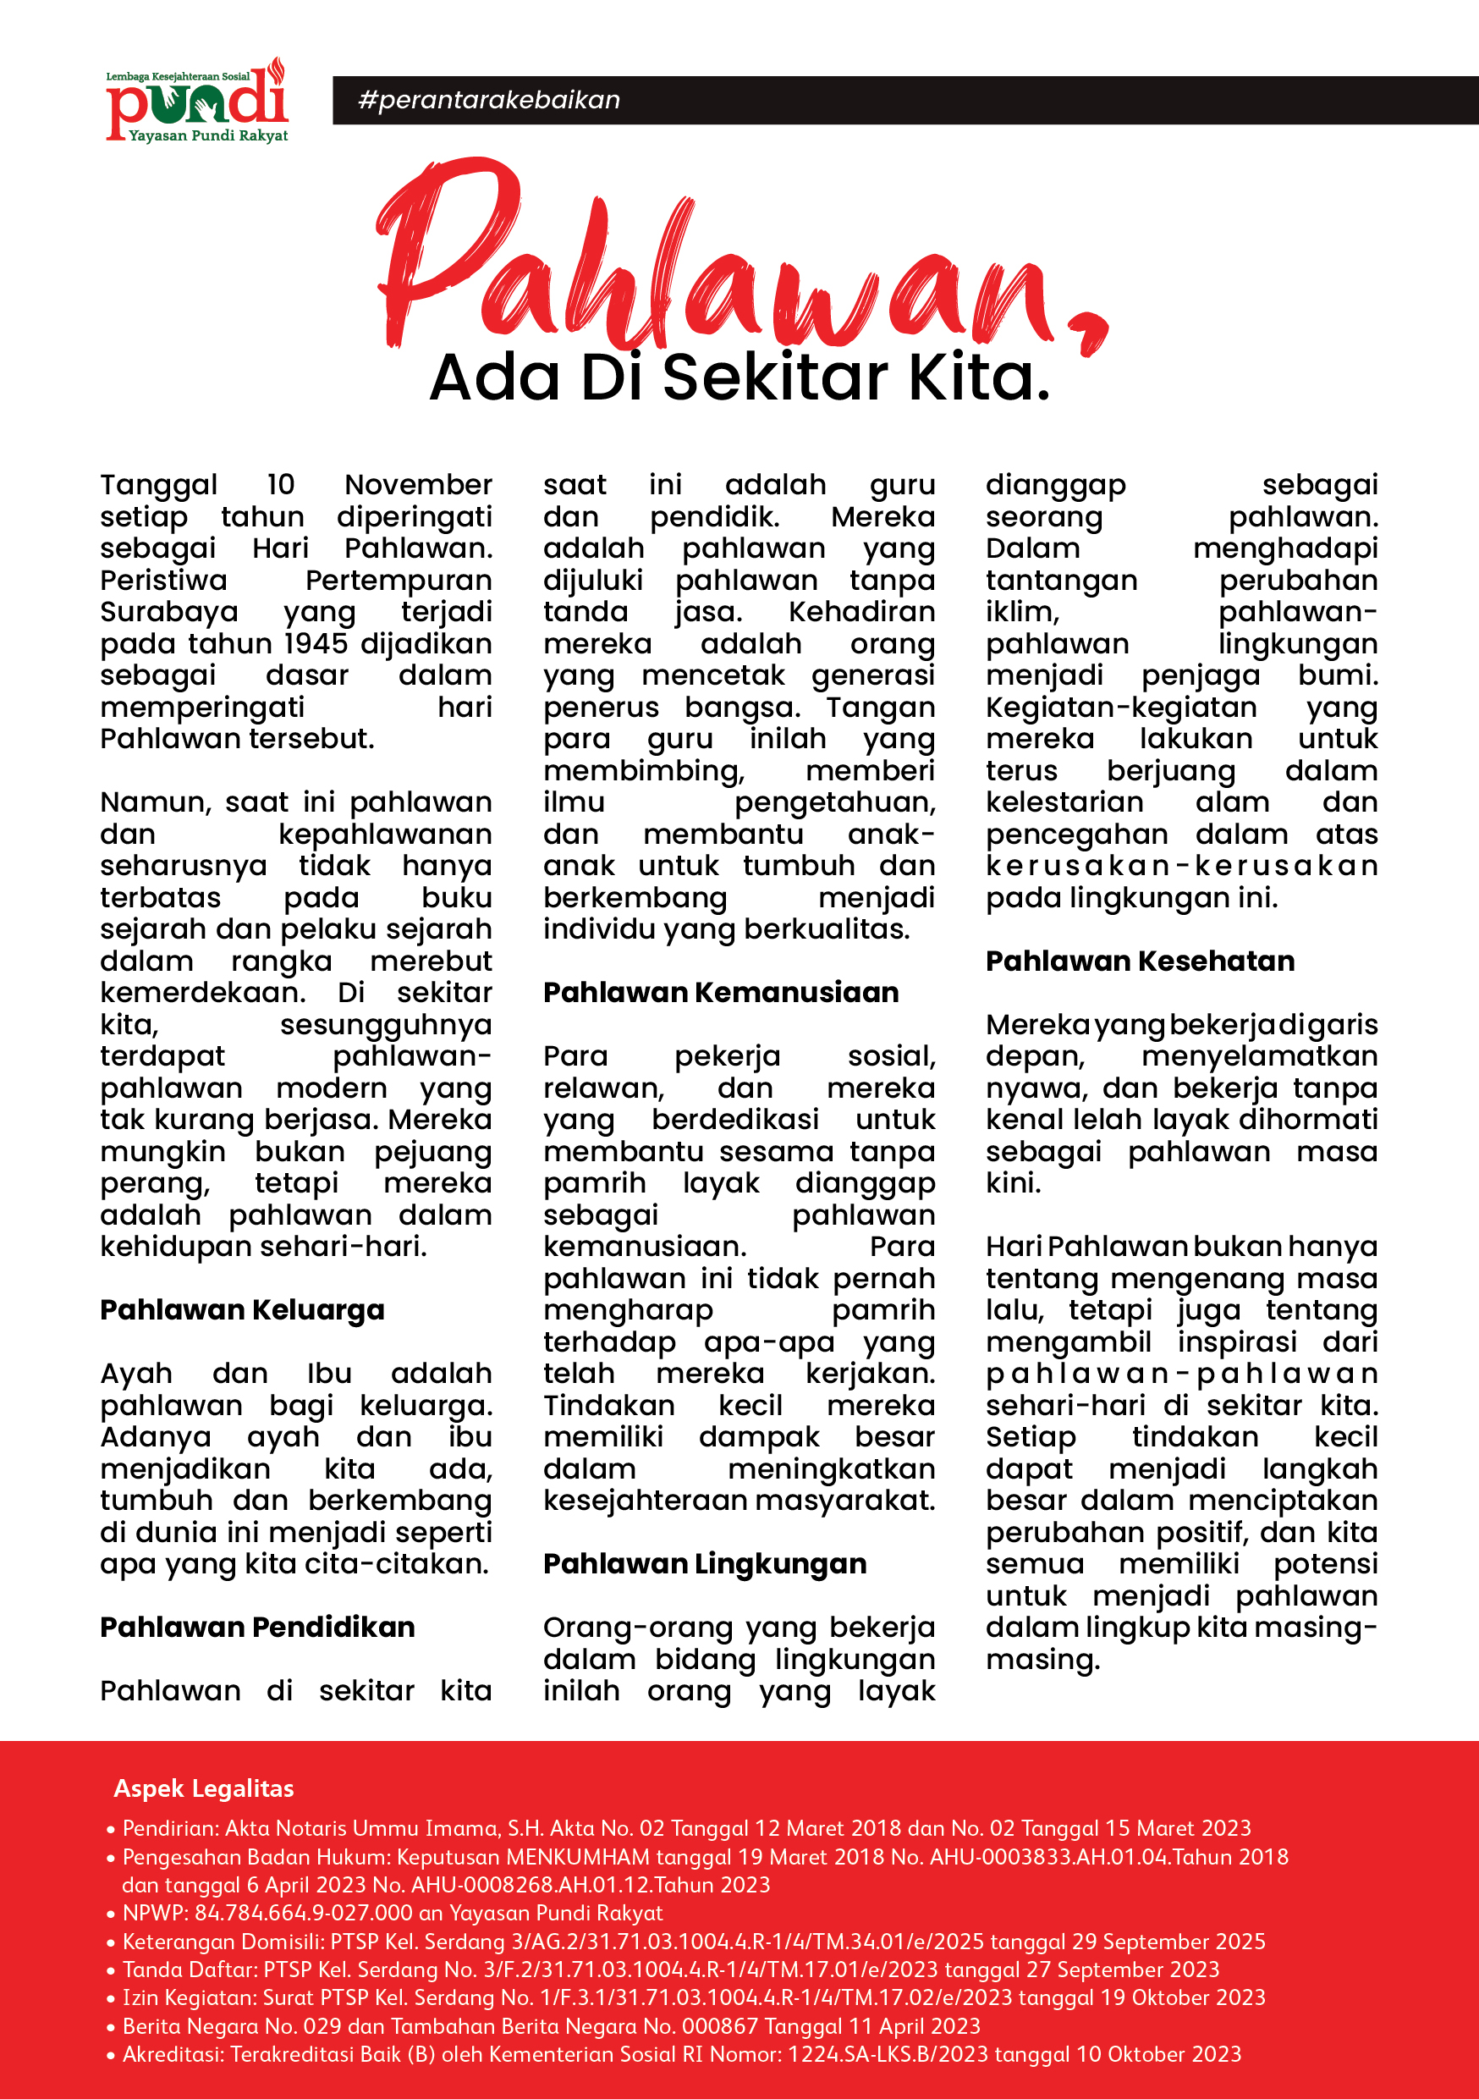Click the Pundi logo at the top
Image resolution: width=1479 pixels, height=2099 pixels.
coord(196,101)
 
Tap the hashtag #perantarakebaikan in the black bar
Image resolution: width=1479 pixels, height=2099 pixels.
coord(489,100)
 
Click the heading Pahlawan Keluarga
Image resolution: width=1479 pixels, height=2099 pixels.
coord(242,1310)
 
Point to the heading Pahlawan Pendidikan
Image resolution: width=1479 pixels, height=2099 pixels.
coord(257,1628)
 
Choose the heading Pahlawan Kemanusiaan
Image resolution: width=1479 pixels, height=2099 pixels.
coord(720,993)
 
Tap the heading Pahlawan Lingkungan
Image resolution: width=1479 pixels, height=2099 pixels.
coord(704,1564)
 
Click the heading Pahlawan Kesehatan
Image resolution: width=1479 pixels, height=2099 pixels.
coord(1140,961)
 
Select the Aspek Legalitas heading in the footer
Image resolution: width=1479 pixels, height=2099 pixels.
coord(203,1788)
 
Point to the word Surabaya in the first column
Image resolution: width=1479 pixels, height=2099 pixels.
coord(169,612)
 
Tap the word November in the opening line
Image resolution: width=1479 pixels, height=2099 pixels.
coord(418,484)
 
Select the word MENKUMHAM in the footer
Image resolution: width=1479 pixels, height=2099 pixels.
coord(578,1857)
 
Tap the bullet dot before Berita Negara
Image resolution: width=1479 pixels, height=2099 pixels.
coord(111,2028)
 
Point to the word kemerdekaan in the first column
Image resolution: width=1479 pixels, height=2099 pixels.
coord(201,993)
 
